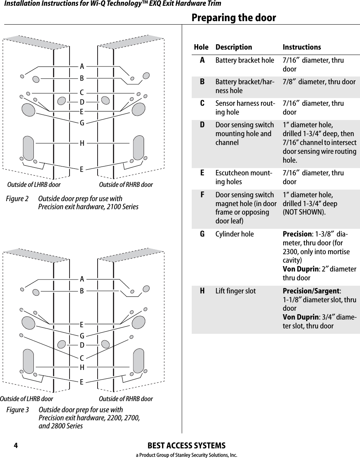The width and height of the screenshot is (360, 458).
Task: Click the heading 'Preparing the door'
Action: (234, 18)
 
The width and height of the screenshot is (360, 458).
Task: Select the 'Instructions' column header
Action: (302, 47)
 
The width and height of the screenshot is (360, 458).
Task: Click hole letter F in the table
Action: (202, 195)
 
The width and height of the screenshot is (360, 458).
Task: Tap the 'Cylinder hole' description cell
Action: (234, 234)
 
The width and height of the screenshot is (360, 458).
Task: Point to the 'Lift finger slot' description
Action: (236, 291)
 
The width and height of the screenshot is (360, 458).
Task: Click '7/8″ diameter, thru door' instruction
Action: (319, 82)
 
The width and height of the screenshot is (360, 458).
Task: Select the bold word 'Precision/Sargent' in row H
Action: (312, 291)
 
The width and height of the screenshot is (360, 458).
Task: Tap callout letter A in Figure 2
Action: (82, 67)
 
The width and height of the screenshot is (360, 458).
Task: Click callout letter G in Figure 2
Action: (82, 123)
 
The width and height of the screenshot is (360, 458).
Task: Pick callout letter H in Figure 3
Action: (82, 367)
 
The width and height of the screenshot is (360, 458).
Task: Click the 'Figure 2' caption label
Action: (17, 199)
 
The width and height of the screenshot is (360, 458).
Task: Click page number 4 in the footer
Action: (16, 446)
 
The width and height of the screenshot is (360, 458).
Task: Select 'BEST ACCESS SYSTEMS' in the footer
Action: (186, 446)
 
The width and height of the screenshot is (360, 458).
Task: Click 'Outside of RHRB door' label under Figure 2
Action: (126, 185)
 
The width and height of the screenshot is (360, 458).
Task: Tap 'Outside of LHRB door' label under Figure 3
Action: (27, 399)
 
